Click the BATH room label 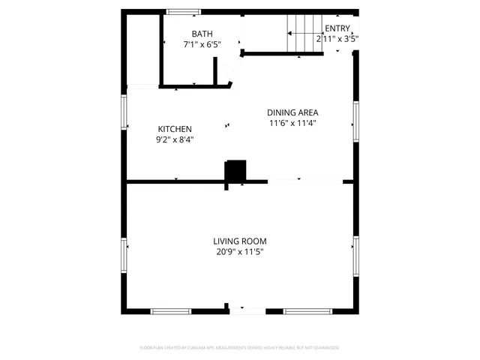202,34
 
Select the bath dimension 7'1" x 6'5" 202,44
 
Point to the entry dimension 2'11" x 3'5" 337,38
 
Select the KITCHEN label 174,129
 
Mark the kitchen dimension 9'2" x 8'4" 174,139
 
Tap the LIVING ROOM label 239,241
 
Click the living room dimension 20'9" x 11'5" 239,252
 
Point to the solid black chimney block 236,171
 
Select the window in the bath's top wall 183,12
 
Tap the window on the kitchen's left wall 126,109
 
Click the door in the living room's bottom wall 247,310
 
